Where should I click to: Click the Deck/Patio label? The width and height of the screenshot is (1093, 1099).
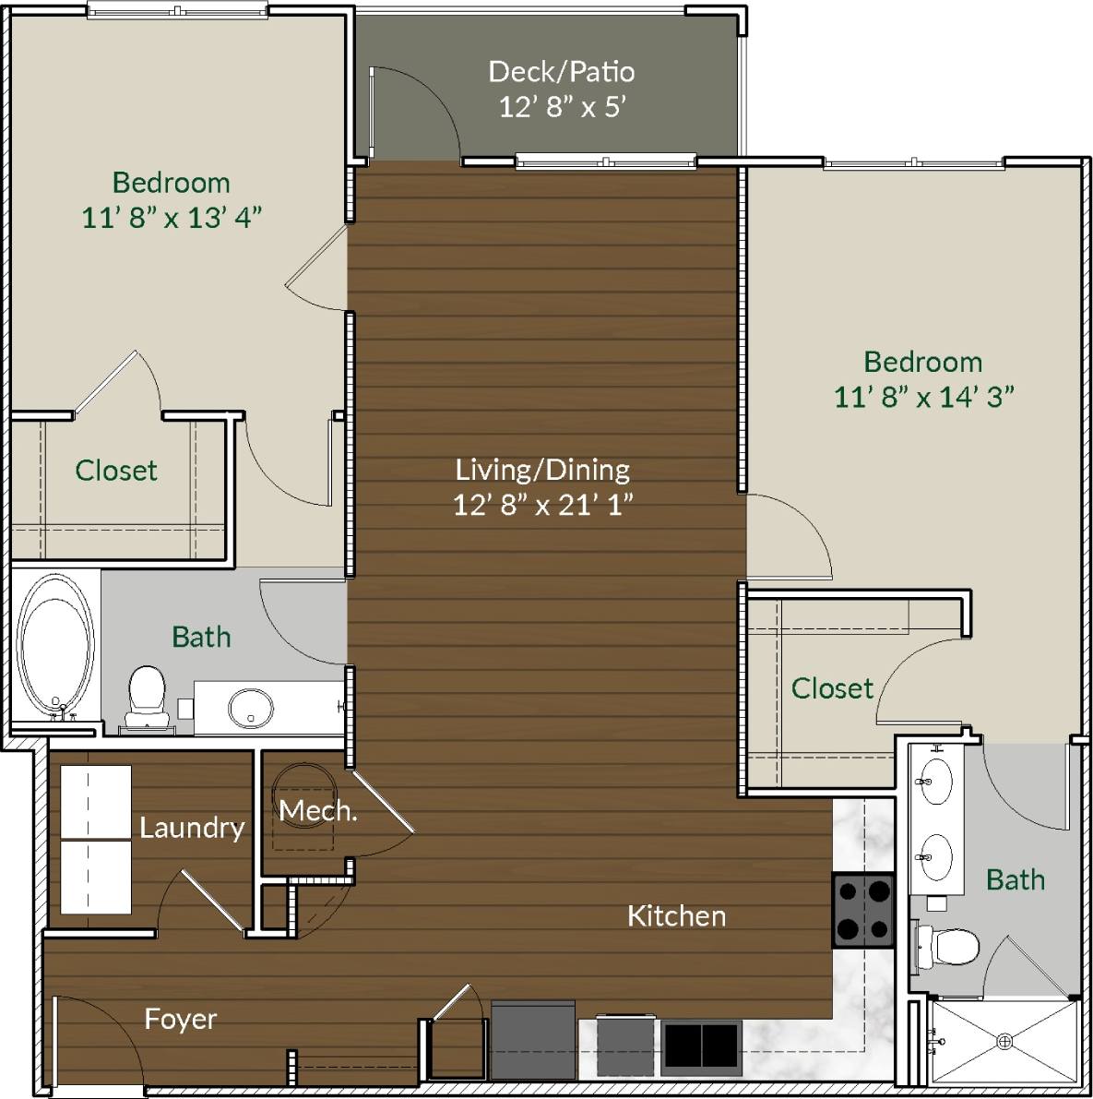561,71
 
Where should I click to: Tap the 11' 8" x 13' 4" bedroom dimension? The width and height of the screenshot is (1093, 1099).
172,218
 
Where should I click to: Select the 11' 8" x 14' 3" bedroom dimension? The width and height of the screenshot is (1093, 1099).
923,397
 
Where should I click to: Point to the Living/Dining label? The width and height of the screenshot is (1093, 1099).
542,470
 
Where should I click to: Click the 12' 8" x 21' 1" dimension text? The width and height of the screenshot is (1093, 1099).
542,505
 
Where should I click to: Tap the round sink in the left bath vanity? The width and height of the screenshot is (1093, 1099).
250,708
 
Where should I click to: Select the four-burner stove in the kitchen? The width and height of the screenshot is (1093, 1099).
863,910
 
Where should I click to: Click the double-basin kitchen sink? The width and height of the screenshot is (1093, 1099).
701,1046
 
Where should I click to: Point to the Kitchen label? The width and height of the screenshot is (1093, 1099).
676,916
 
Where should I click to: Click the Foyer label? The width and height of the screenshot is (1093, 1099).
181,1019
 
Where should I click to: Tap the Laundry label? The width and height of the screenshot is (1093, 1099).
192,828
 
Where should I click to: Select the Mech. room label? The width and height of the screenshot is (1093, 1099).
317,811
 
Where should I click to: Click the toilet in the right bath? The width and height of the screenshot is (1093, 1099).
948,947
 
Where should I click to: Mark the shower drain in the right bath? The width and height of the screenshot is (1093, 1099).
1004,1041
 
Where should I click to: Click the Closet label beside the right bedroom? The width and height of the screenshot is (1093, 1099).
832,688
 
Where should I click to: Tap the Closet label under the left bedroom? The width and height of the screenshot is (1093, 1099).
116,471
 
